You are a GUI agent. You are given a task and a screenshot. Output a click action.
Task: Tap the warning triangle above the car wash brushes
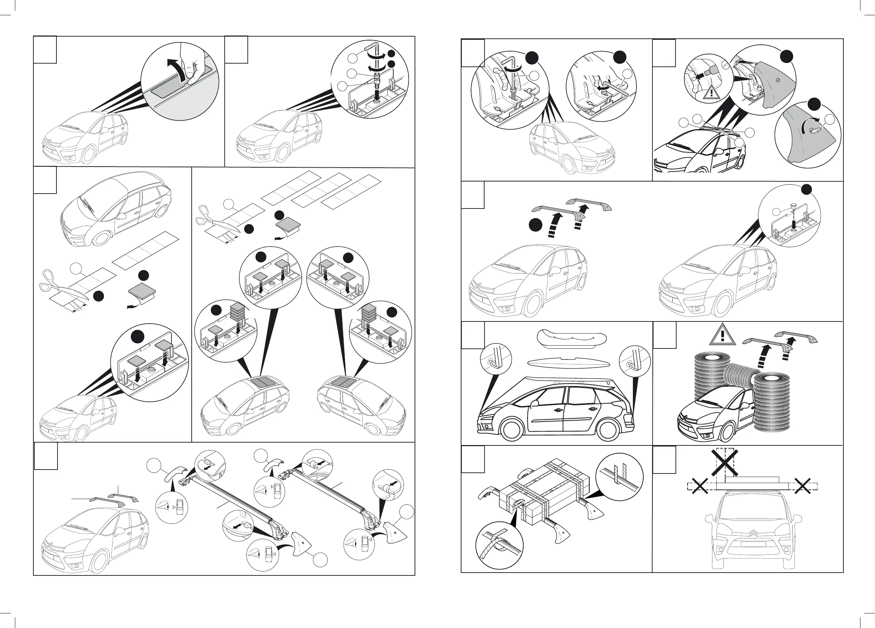coord(723,335)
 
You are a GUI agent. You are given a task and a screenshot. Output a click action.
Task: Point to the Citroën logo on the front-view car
coord(754,533)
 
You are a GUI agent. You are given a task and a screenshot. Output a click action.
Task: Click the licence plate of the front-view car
coord(753,544)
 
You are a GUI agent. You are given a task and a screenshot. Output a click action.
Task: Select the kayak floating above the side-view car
coord(572,338)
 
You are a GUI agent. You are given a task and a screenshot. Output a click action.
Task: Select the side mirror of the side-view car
coord(534,404)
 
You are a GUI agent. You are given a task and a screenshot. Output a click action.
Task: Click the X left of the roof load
coord(699,486)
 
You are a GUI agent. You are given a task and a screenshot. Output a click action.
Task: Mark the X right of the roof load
coord(803,486)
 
